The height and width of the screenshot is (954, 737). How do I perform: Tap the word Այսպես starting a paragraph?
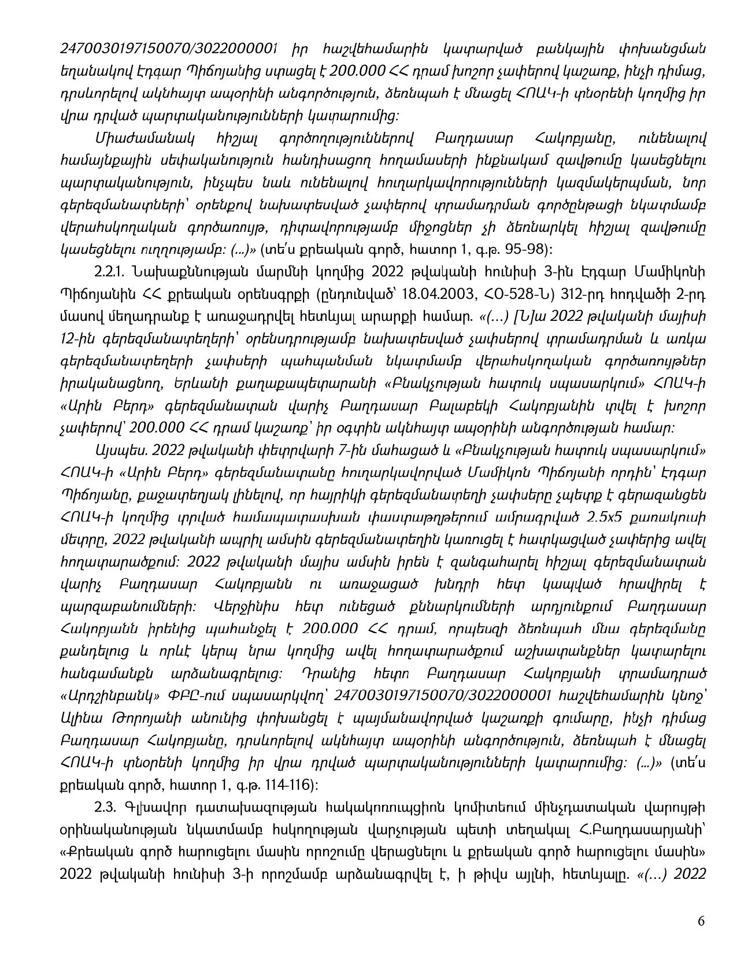pos(114,450)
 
